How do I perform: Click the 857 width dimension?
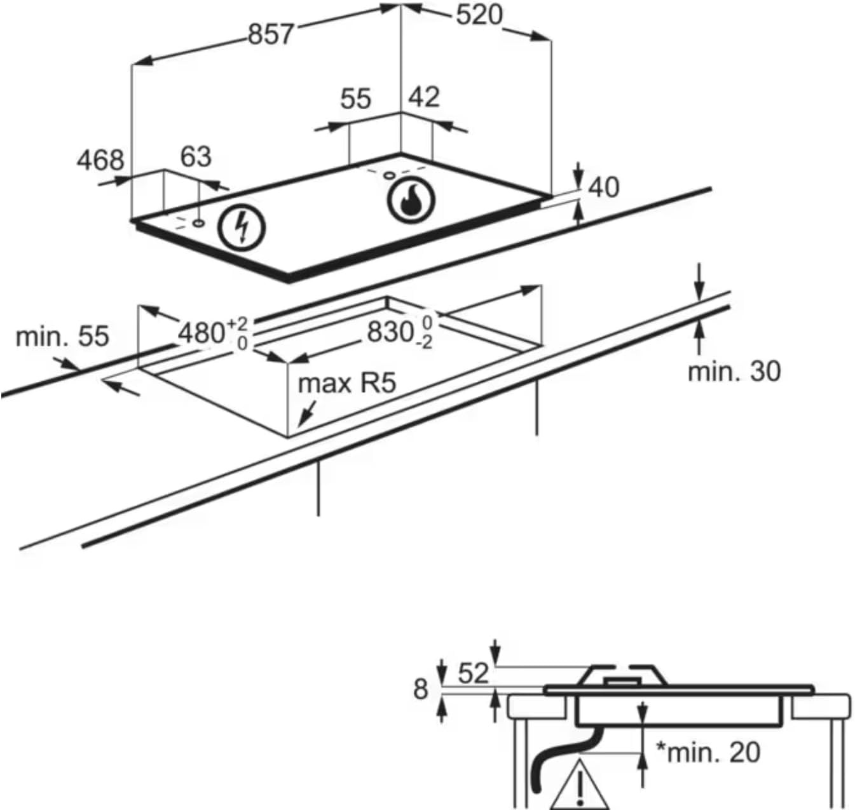[x=271, y=34]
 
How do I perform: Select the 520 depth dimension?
[x=479, y=16]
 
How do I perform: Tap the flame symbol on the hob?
[x=411, y=198]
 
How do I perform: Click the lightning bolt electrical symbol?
[x=242, y=227]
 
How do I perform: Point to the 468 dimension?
[x=100, y=161]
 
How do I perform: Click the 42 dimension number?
[x=424, y=97]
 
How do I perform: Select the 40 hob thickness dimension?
[x=604, y=188]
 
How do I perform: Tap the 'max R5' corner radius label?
[x=347, y=384]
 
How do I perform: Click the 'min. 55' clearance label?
[x=62, y=336]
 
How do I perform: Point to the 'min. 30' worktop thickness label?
[x=734, y=372]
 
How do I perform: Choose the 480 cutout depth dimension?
[x=213, y=334]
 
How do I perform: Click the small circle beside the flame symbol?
[x=389, y=175]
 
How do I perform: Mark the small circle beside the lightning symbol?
[x=199, y=223]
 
